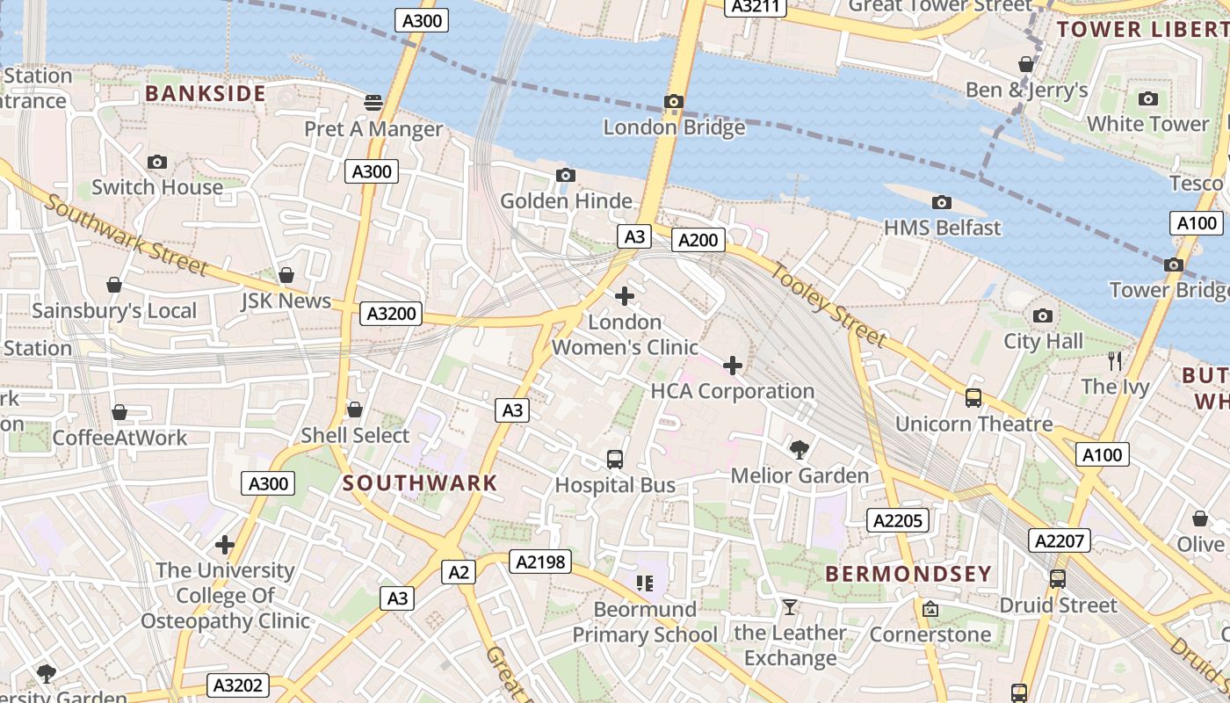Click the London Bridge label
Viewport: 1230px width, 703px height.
coord(674,127)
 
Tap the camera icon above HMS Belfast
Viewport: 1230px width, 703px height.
coord(942,203)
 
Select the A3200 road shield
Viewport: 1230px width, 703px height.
coord(392,314)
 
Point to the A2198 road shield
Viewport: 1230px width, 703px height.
coord(540,562)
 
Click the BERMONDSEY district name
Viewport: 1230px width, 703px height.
coord(908,575)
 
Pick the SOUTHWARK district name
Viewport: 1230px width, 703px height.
coord(420,482)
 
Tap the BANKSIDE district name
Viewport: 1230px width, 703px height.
coord(206,93)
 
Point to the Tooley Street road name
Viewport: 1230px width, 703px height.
coord(828,303)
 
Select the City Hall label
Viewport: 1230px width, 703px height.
coord(1043,341)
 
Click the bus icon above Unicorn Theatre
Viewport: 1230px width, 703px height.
coord(973,398)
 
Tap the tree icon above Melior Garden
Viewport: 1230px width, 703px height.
coord(799,451)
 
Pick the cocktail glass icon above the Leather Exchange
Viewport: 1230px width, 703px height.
coord(790,607)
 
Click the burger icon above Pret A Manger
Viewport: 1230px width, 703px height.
coord(373,103)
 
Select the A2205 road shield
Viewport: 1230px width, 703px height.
coord(897,520)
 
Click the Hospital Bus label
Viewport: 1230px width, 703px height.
coord(615,485)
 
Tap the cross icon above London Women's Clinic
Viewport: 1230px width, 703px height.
coord(625,297)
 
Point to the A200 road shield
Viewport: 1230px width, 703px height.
coord(698,240)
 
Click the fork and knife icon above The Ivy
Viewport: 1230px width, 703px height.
coord(1115,361)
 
